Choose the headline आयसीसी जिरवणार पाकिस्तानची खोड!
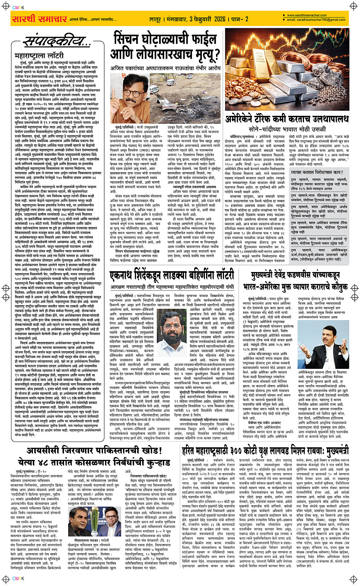91,451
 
